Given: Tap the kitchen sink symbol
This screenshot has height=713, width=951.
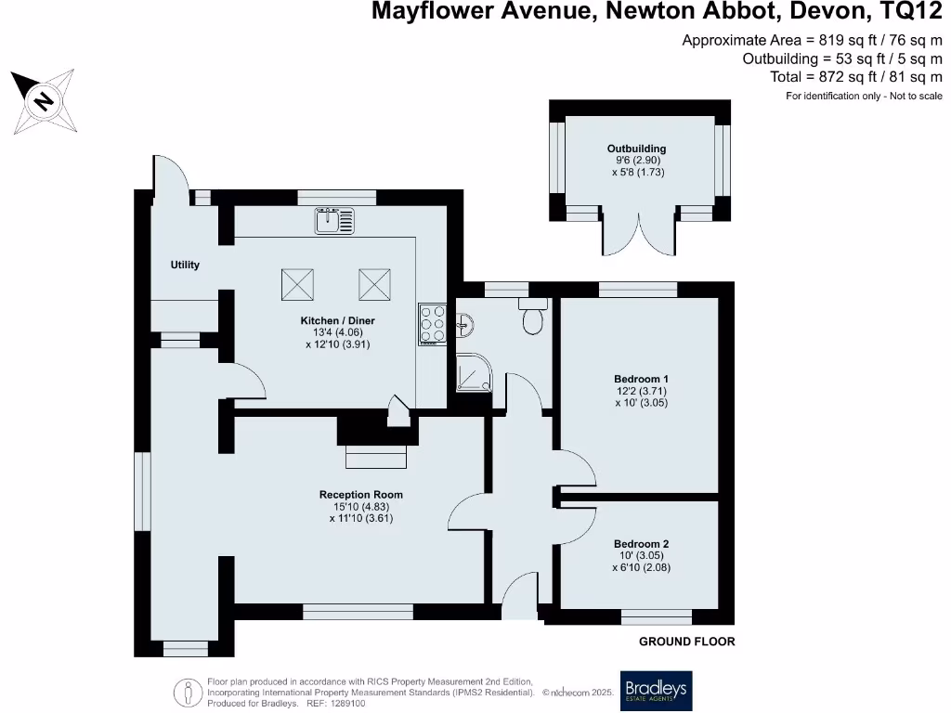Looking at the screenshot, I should pyautogui.click(x=334, y=220).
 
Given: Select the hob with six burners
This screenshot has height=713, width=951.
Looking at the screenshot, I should pyautogui.click(x=433, y=324).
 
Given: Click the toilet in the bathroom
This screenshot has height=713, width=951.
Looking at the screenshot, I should pyautogui.click(x=533, y=318).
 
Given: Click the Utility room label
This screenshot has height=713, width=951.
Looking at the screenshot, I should pyautogui.click(x=185, y=266).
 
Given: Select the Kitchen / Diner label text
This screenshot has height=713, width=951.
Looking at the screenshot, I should pyautogui.click(x=337, y=321).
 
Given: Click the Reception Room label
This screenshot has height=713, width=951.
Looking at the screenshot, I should pyautogui.click(x=361, y=495).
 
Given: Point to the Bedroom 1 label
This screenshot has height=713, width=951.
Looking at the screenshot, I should pyautogui.click(x=641, y=379).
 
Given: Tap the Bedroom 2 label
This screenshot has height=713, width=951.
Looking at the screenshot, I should pyautogui.click(x=641, y=544).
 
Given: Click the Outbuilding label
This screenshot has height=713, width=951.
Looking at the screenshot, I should pyautogui.click(x=636, y=149).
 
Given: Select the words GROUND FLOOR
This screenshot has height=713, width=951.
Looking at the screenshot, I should pyautogui.click(x=686, y=642).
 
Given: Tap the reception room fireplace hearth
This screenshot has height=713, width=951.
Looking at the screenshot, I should pyautogui.click(x=376, y=458).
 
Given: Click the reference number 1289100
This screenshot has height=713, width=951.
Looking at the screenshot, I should pyautogui.click(x=347, y=704).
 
